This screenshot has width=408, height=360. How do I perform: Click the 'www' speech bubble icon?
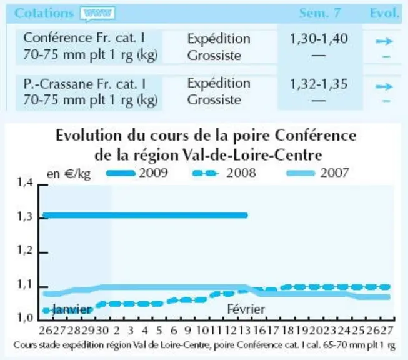pyautogui.click(x=97, y=14)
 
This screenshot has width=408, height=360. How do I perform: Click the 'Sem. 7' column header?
pyautogui.click(x=320, y=12)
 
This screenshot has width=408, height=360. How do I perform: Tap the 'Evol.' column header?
pyautogui.click(x=385, y=12)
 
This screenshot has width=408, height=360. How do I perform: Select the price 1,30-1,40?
pyautogui.click(x=319, y=39)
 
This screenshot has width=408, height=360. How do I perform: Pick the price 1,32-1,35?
pyautogui.click(x=319, y=84)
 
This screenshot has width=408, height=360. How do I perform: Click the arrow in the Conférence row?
pyautogui.click(x=384, y=41)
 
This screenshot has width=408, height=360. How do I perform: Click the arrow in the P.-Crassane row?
pyautogui.click(x=384, y=86)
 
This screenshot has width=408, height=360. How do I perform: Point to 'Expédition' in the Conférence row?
pyautogui.click(x=219, y=39)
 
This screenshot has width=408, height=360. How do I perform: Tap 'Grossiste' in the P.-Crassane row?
pyautogui.click(x=214, y=100)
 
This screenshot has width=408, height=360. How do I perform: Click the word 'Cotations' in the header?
pyautogui.click(x=44, y=13)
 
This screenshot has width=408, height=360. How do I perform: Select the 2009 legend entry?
pyautogui.click(x=137, y=173)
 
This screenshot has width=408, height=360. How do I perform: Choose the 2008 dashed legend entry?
pyautogui.click(x=224, y=173)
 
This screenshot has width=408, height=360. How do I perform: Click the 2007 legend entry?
pyautogui.click(x=317, y=173)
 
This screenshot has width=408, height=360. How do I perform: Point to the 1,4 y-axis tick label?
pyautogui.click(x=25, y=182)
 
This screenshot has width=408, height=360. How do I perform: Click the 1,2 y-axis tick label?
pyautogui.click(x=25, y=251)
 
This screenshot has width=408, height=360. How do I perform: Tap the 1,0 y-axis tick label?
pyautogui.click(x=25, y=317)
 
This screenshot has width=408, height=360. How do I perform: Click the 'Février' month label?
pyautogui.click(x=246, y=309)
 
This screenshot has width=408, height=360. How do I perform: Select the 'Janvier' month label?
pyautogui.click(x=72, y=310)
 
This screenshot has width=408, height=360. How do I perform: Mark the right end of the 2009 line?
pyautogui.click(x=246, y=215)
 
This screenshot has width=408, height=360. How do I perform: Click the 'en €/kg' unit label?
pyautogui.click(x=69, y=174)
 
